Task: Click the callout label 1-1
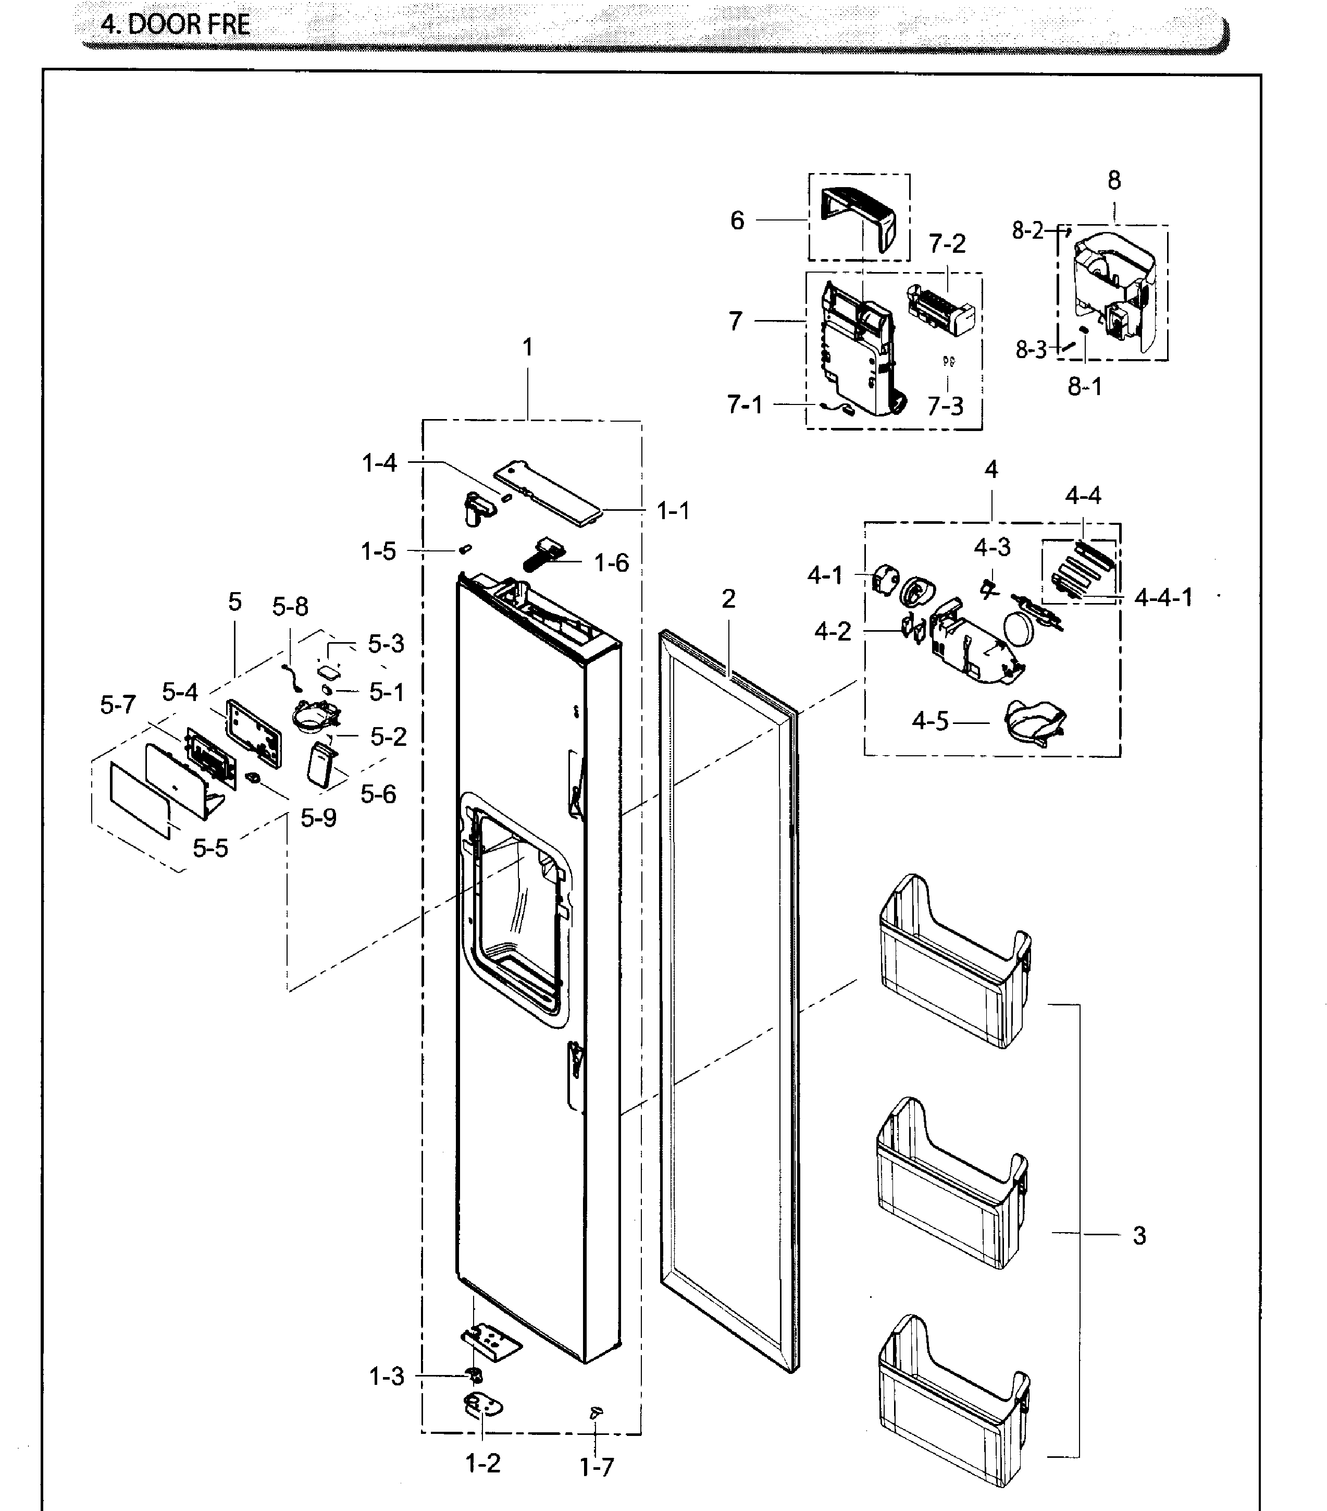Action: (x=673, y=511)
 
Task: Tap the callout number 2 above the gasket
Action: (x=728, y=599)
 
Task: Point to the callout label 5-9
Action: (x=318, y=818)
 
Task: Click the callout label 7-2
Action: (x=947, y=244)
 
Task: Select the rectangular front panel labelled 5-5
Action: (x=140, y=802)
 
